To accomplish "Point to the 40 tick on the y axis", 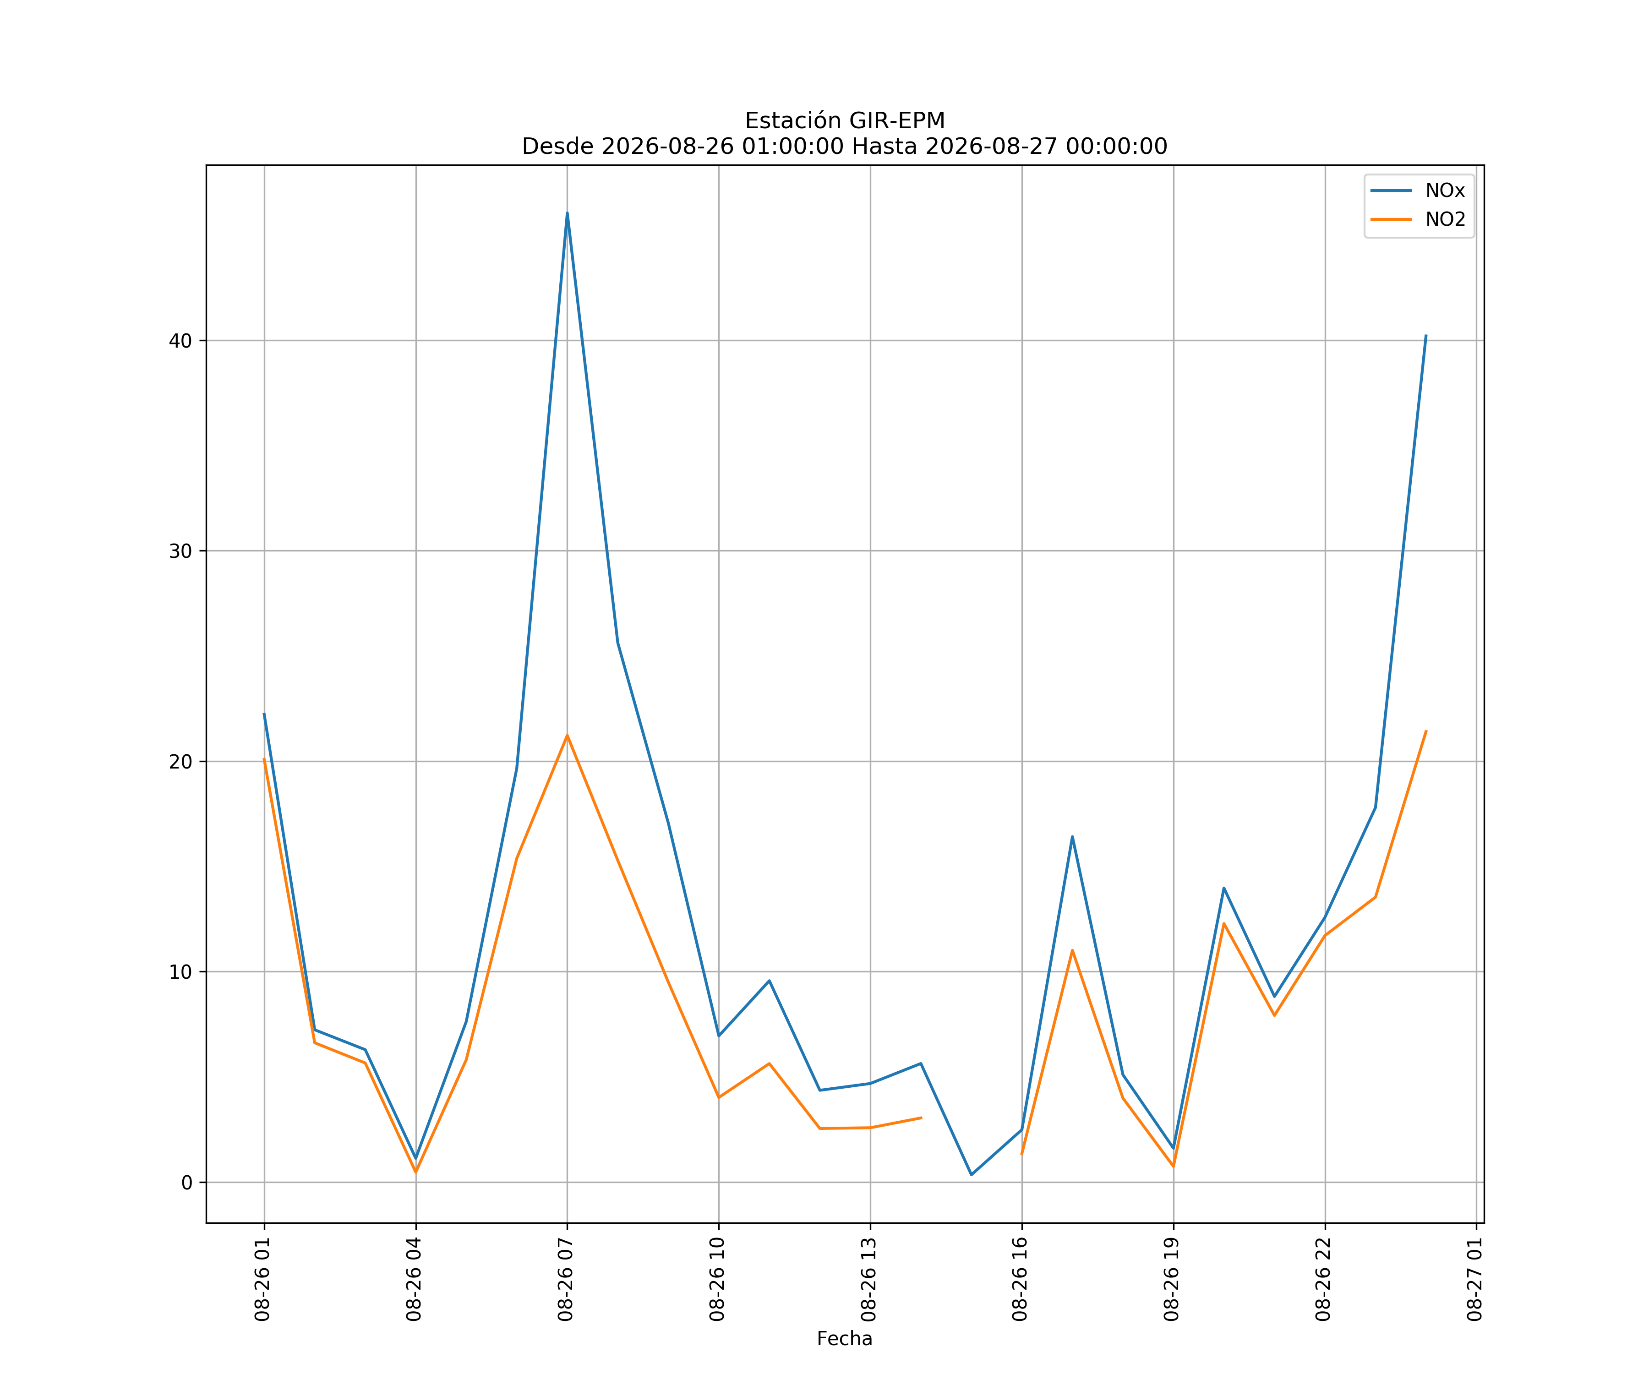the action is [180, 341].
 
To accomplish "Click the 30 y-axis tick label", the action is [180, 551].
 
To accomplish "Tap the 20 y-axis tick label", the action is [180, 762].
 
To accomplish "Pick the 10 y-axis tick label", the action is [180, 972].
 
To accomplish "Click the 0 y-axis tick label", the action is [187, 1183].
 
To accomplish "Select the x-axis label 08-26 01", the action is [262, 1279].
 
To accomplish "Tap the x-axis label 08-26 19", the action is [1172, 1279].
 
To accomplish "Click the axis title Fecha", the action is [845, 1339].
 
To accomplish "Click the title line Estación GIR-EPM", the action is [845, 121].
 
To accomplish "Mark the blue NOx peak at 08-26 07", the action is [567, 213].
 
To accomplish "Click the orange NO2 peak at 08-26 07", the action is [567, 736].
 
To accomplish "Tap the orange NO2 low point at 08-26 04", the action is [416, 1172].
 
